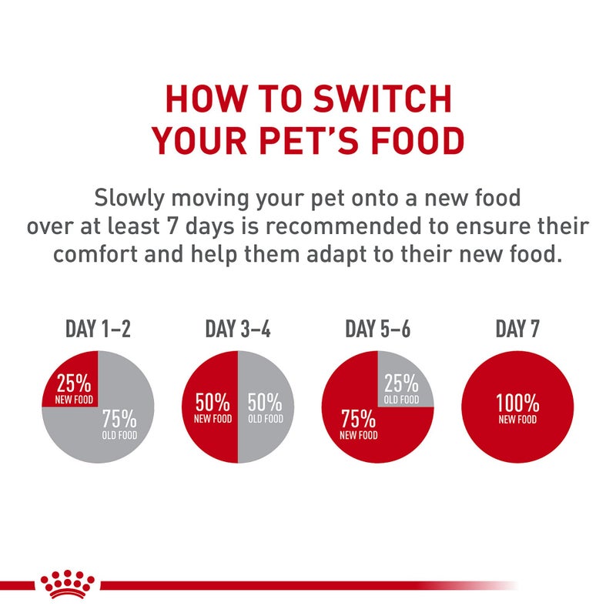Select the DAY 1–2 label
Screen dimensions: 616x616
point(98,330)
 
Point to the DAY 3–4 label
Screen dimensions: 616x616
point(238,330)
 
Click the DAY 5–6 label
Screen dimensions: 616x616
point(377,330)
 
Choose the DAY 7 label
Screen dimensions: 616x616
point(517,330)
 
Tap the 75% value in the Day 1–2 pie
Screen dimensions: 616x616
point(119,420)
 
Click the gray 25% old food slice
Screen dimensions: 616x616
point(401,385)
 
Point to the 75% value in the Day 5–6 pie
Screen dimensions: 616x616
point(358,420)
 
